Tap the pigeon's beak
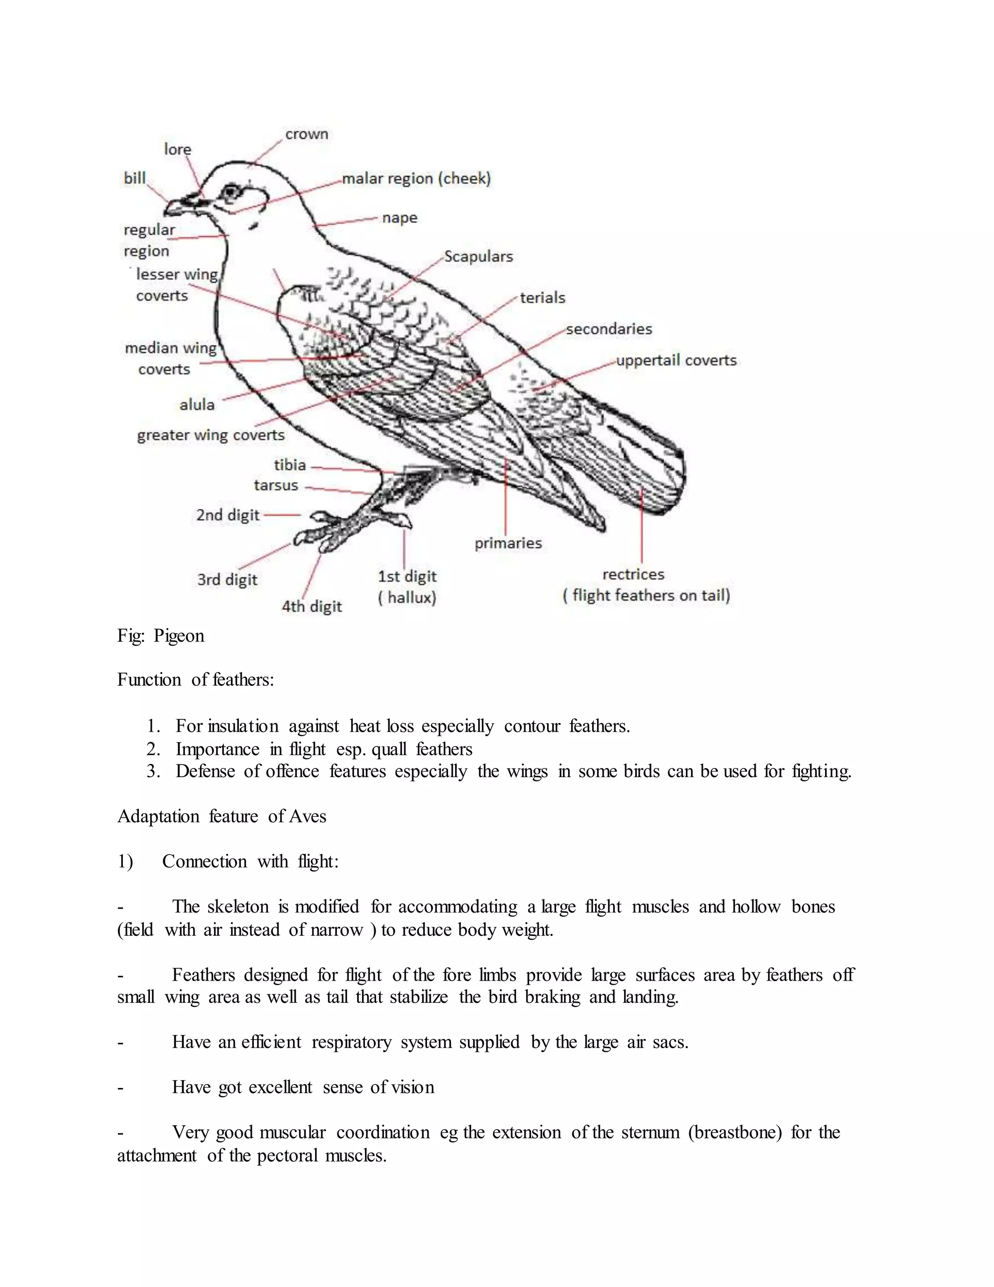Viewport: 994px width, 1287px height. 177,206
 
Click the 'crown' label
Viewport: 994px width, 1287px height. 306,135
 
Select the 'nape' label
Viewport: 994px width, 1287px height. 399,218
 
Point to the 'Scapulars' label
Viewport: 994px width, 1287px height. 478,256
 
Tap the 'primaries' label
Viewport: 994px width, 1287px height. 508,543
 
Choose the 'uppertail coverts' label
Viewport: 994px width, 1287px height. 676,360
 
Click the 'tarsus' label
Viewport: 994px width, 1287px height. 276,485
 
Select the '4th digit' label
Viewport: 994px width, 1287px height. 312,607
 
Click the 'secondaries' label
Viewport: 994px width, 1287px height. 609,329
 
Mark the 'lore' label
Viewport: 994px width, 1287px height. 177,150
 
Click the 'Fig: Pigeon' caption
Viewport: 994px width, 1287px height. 161,636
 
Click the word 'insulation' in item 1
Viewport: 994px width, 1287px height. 243,726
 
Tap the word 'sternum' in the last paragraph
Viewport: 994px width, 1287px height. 650,1133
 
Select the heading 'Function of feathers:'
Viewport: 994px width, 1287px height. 196,680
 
